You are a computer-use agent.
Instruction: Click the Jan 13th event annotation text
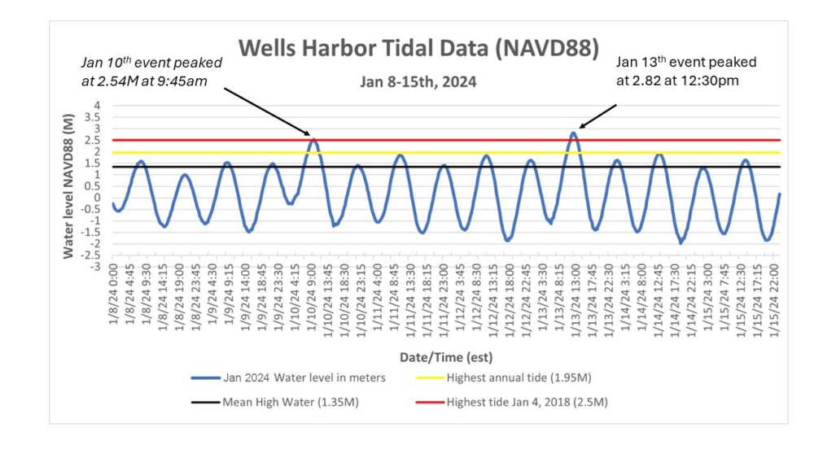click(x=685, y=71)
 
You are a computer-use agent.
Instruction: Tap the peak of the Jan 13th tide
click(x=573, y=133)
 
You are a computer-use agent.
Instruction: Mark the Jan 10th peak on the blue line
click(x=313, y=140)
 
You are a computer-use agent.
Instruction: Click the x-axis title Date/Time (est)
click(x=445, y=357)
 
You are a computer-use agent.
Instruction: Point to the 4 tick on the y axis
click(x=97, y=106)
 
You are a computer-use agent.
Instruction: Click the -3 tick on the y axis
click(x=95, y=267)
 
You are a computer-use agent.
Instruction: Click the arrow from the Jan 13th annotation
click(x=597, y=116)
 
